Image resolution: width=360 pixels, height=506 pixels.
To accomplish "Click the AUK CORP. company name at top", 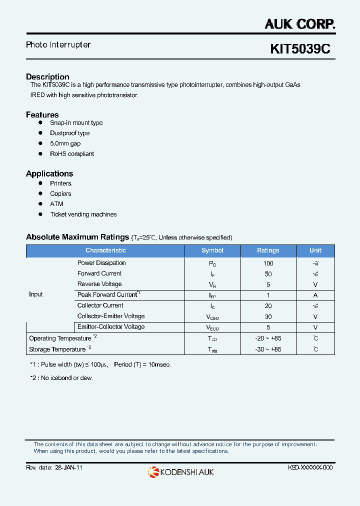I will [x=299, y=23].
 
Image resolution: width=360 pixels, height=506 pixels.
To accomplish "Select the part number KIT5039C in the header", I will [x=300, y=49].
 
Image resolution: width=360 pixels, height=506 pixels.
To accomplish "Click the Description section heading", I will [x=47, y=76].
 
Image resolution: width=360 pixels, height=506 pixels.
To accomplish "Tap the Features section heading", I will [x=42, y=114].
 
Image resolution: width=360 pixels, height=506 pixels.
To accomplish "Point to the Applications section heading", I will [x=49, y=173].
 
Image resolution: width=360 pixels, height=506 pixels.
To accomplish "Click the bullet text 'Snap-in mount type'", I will [x=76, y=123].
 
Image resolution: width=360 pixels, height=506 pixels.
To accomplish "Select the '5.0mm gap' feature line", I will [x=65, y=143].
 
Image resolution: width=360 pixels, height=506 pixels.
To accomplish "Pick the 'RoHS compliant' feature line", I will [x=72, y=154].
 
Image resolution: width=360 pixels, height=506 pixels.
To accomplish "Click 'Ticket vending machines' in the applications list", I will [x=83, y=214].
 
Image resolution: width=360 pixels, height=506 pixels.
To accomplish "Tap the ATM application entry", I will [x=56, y=204].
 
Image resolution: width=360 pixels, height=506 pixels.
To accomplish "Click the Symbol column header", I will [x=212, y=250].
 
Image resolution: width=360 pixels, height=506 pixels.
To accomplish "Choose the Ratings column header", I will [x=268, y=250].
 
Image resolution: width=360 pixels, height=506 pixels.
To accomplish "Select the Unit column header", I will [x=315, y=250].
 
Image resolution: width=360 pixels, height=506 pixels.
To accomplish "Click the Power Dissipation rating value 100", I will [x=268, y=263].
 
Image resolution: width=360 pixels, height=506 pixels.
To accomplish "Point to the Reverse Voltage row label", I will [x=99, y=284].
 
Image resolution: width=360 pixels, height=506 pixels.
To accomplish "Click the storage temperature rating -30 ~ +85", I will [x=268, y=349].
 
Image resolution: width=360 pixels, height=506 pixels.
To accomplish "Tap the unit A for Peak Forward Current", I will [x=315, y=295].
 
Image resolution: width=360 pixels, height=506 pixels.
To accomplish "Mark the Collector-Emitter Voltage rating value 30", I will [x=268, y=316].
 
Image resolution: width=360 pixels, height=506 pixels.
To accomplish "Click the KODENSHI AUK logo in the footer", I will [x=180, y=471].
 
